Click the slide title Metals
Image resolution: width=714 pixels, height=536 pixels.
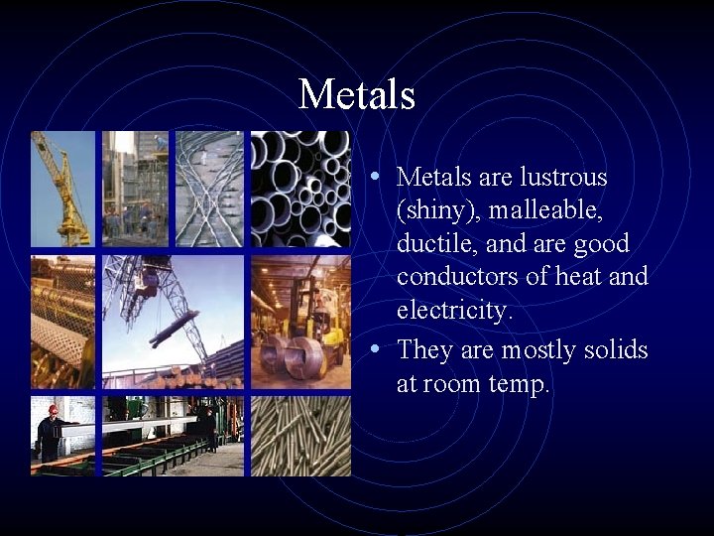tap(356, 95)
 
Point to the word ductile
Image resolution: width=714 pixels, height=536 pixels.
tap(434, 244)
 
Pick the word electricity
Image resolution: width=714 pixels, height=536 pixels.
tap(454, 311)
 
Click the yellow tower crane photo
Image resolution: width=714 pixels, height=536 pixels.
tap(62, 189)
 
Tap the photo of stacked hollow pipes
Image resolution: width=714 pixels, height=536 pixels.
tap(300, 189)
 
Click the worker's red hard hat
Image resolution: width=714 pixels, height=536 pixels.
tap(53, 409)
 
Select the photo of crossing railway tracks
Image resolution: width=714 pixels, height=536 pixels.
tap(209, 189)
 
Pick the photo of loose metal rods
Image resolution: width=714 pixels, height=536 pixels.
tap(300, 437)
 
